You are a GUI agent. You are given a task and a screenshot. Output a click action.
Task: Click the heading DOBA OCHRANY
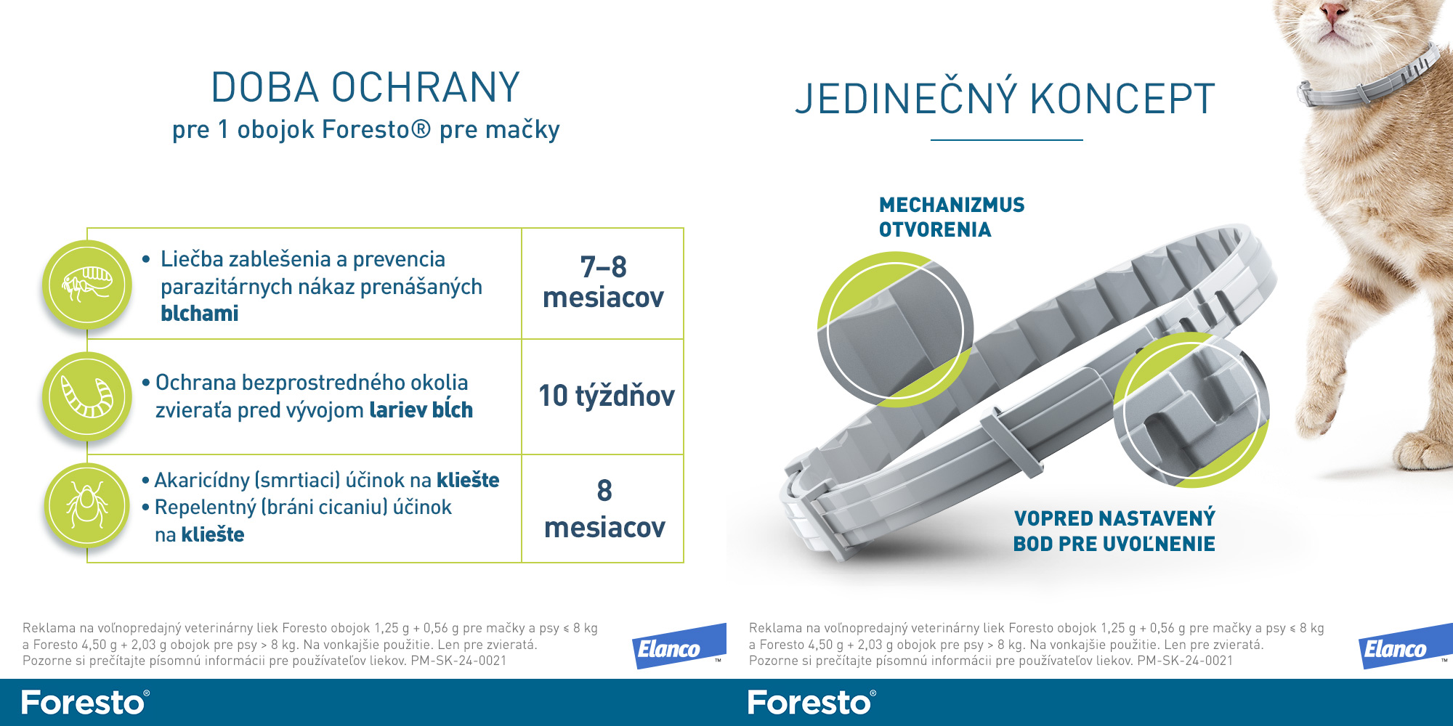[x=365, y=88]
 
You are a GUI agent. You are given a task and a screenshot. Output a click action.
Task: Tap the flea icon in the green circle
[x=87, y=284]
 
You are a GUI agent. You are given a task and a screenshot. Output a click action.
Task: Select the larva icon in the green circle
[x=87, y=396]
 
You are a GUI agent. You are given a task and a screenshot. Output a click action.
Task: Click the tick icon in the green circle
[x=87, y=506]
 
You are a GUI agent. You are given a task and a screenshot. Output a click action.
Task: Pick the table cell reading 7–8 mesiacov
[x=603, y=283]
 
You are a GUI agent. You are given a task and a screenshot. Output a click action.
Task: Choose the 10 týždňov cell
[x=603, y=396]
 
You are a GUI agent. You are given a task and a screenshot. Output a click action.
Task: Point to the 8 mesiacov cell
[x=603, y=508]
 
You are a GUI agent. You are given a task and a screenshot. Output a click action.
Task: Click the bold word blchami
[x=200, y=314]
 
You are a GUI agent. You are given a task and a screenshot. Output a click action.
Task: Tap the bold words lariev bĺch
[x=421, y=410]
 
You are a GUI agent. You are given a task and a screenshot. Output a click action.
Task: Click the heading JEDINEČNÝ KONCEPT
[x=1005, y=99]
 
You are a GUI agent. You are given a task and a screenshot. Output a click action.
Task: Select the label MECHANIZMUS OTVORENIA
[x=952, y=217]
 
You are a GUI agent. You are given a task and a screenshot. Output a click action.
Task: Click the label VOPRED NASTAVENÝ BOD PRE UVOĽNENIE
[x=1114, y=531]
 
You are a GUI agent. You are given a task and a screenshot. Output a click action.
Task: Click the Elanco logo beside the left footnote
[x=679, y=646]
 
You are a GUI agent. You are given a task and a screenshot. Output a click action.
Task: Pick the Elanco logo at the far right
[x=1406, y=646]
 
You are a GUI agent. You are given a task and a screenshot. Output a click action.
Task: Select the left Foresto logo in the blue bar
[x=86, y=703]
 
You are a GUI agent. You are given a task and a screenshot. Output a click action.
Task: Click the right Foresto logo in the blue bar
[x=812, y=703]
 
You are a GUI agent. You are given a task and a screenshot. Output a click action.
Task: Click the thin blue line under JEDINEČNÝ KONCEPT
[x=1007, y=139]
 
